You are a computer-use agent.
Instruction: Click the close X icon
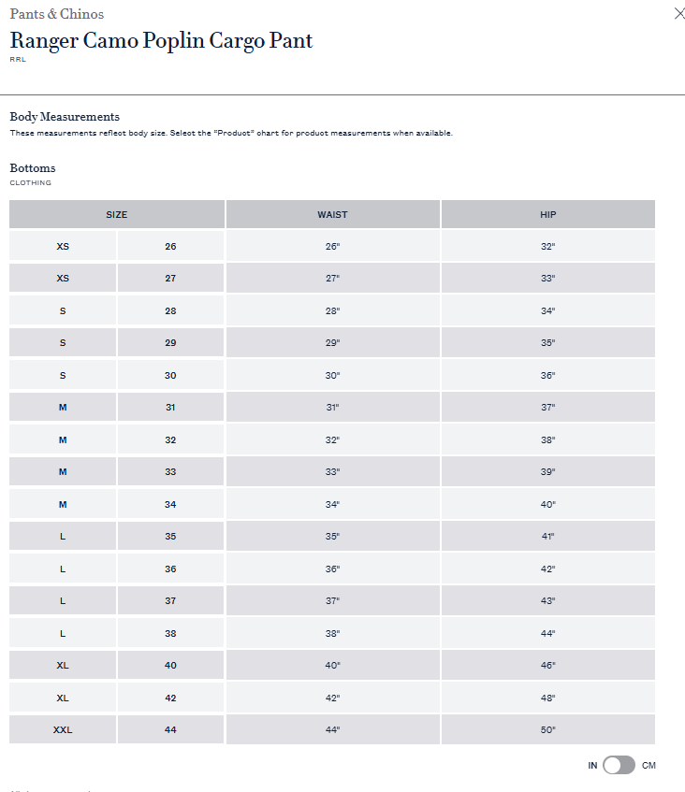tap(679, 13)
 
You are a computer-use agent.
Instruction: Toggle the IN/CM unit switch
tap(619, 765)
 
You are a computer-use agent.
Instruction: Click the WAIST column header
tap(332, 214)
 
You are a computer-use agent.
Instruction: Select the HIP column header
tap(547, 214)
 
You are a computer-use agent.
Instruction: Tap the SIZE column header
tap(116, 214)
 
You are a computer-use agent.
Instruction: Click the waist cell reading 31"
tap(332, 408)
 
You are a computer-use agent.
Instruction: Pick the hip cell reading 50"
tap(547, 729)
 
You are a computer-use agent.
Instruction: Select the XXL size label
tap(63, 729)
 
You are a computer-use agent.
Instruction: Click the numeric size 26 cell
tap(170, 247)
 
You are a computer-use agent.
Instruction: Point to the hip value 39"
tap(547, 472)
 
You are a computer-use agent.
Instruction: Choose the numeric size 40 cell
tap(170, 666)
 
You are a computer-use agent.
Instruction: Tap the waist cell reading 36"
tap(332, 569)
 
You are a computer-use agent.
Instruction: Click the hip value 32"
tap(547, 247)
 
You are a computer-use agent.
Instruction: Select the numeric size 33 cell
tap(170, 472)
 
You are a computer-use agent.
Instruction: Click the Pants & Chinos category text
tap(56, 14)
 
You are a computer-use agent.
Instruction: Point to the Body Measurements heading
tap(65, 117)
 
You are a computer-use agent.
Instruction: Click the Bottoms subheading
tap(33, 168)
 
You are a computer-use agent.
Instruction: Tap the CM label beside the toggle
tap(649, 766)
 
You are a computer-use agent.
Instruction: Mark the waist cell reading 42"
tap(332, 698)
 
